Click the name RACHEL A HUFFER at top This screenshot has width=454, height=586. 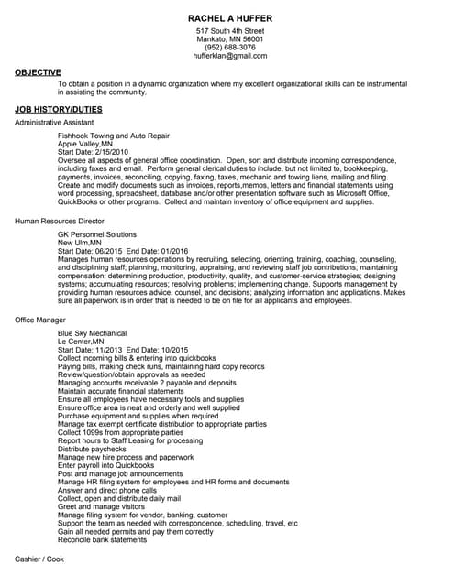[229, 18]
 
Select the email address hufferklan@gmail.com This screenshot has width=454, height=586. [229, 56]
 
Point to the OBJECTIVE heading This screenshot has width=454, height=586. [38, 71]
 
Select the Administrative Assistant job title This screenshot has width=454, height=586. [54, 122]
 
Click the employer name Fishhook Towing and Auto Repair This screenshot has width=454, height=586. [113, 136]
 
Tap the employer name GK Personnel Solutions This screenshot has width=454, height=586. [96, 234]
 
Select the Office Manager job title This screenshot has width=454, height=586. [40, 320]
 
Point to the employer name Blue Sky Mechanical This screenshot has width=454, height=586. [92, 333]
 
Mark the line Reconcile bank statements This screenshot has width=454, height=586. [102, 539]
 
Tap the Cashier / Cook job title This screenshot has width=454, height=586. [39, 558]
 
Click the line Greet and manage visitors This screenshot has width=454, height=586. [101, 506]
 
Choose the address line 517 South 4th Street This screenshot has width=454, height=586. [229, 31]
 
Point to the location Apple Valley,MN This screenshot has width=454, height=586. [85, 144]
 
